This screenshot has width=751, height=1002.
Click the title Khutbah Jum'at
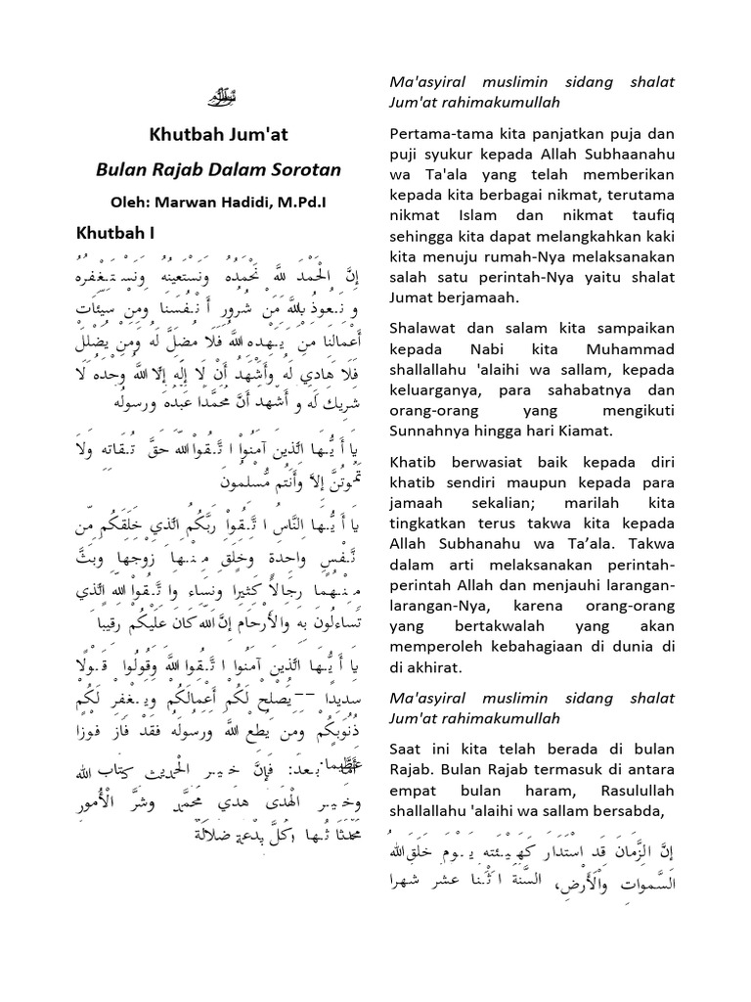pos(218,136)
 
